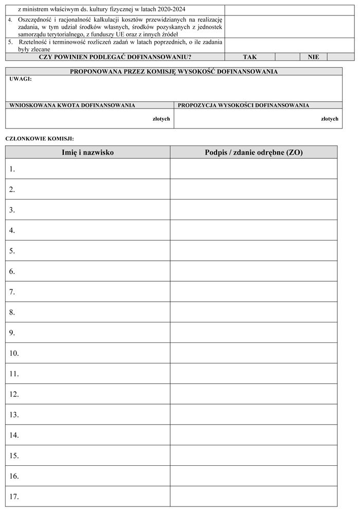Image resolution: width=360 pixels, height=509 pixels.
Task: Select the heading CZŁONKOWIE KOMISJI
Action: (39, 138)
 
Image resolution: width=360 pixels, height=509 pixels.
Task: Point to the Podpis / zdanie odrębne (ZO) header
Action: (254, 152)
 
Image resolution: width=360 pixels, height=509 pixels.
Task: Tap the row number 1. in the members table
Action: (12, 169)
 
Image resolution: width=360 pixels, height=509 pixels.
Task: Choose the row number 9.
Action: (12, 333)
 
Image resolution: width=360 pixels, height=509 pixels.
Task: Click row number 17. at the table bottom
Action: (14, 497)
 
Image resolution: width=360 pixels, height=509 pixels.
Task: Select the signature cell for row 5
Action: (254, 251)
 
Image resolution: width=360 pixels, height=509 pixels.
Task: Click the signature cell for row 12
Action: (254, 394)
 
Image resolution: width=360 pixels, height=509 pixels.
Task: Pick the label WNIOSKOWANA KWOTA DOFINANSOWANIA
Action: (73, 105)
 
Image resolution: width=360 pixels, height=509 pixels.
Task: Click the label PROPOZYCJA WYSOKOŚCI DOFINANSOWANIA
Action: (243, 105)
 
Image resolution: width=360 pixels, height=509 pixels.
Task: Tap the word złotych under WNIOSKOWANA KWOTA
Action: (161, 119)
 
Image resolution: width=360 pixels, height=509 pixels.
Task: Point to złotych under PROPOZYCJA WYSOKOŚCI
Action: (330, 119)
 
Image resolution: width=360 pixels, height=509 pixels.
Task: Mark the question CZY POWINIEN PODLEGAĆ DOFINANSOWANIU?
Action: (115, 57)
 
